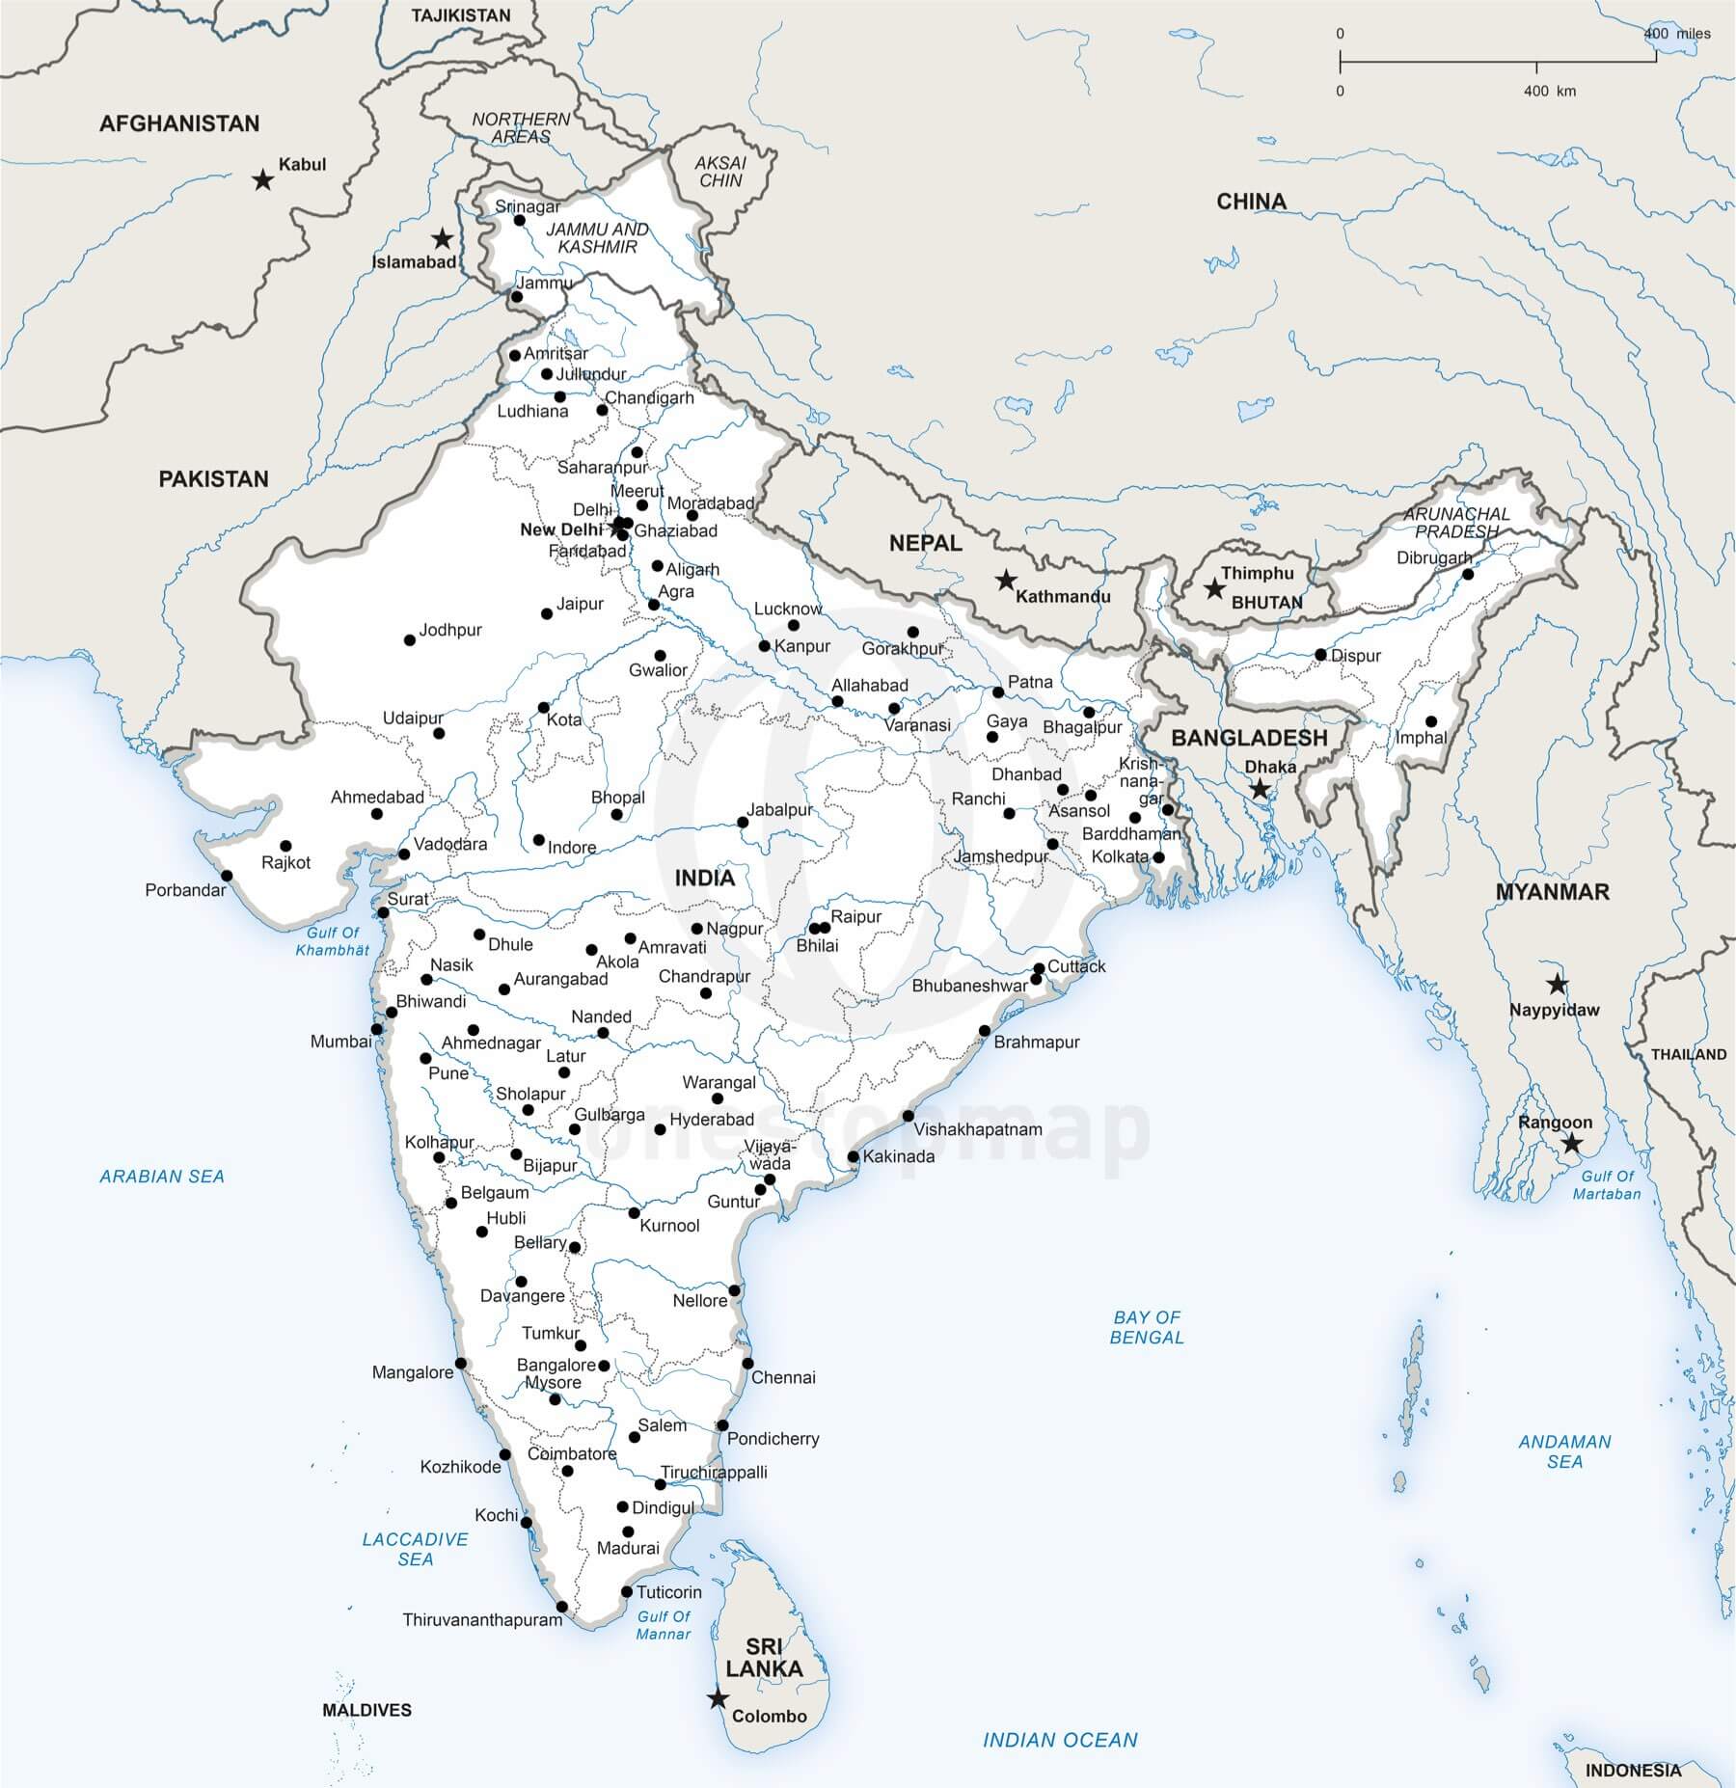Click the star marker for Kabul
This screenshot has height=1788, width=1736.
tap(262, 179)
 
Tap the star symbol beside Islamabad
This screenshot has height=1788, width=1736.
tap(442, 238)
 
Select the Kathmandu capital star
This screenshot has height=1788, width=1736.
tap(1006, 580)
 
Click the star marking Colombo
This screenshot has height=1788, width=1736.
tap(717, 1698)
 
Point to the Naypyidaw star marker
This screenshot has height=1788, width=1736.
tap(1557, 985)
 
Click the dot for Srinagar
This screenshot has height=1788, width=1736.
tap(520, 221)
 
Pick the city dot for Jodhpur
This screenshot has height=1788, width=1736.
tap(410, 640)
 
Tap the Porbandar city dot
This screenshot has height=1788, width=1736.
tap(227, 876)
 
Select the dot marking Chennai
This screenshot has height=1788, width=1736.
tap(747, 1363)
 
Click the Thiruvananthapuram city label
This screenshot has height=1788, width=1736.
tap(482, 1619)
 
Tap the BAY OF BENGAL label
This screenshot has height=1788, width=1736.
tap(1147, 1326)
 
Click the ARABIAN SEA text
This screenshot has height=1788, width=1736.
tap(162, 1176)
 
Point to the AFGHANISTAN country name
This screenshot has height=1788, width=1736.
tap(179, 123)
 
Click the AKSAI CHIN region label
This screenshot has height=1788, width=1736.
tap(721, 172)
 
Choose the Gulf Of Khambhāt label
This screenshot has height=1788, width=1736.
tap(333, 941)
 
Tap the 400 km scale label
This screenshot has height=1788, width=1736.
tap(1549, 92)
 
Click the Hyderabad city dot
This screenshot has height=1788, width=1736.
tap(661, 1129)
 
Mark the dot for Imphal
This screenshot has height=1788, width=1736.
tap(1431, 721)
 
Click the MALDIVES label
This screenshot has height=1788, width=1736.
tap(366, 1710)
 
